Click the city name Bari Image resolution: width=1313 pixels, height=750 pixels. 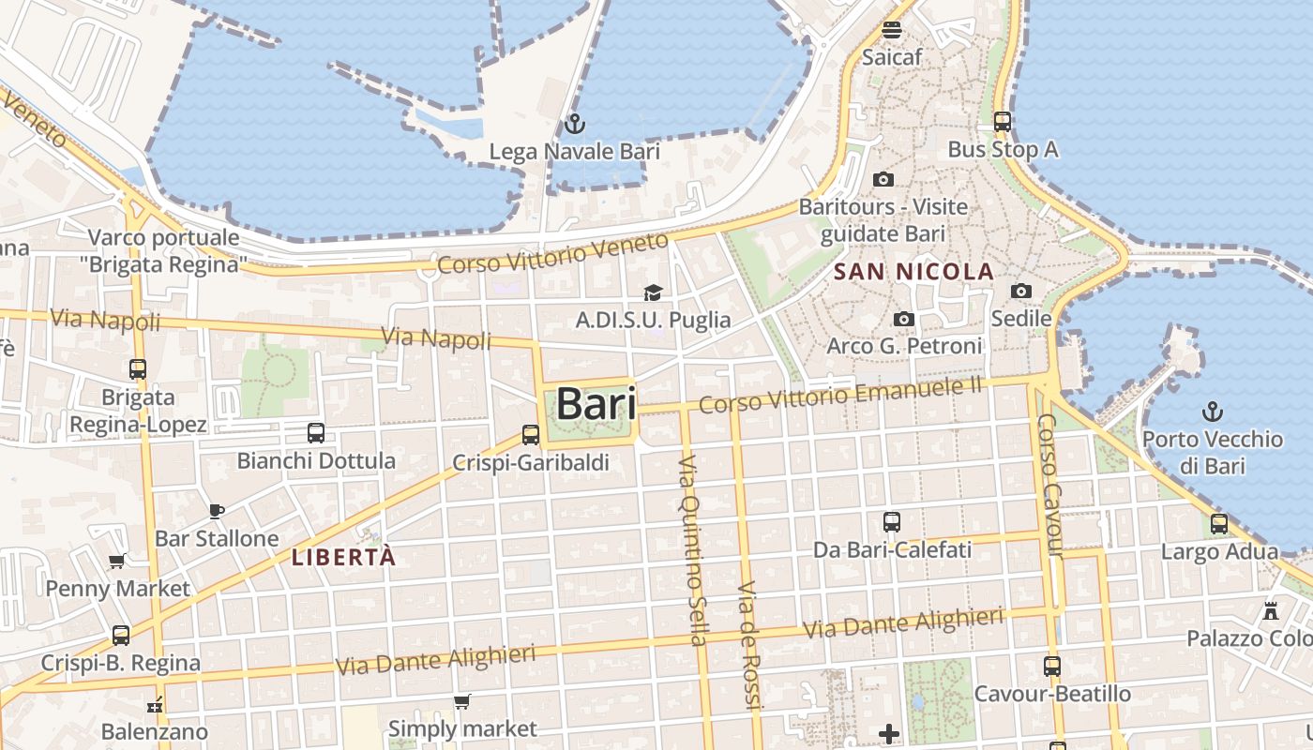[596, 404]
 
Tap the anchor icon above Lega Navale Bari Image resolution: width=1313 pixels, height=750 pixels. [574, 124]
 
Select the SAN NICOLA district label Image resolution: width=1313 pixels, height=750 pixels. [913, 272]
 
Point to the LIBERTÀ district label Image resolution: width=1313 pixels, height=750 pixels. [343, 557]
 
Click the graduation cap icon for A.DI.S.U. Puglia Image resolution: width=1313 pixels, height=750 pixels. [653, 293]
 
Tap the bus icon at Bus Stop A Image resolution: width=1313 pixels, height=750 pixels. [1003, 122]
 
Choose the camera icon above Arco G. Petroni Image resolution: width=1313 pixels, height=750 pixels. [904, 320]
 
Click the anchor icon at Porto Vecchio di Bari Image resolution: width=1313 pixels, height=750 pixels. [1213, 411]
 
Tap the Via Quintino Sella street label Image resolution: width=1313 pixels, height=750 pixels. [691, 551]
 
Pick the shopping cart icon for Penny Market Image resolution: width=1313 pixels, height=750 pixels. [117, 562]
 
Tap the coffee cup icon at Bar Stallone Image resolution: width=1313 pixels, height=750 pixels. [217, 511]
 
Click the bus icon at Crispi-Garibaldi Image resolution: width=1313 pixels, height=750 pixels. [531, 435]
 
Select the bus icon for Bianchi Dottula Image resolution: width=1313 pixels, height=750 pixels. [316, 433]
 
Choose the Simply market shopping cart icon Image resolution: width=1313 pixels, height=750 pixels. [461, 702]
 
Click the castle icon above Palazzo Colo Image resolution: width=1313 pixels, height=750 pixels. [1271, 610]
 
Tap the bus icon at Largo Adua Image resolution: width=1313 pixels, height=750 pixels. [1219, 524]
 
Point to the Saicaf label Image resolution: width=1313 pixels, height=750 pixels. [892, 56]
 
